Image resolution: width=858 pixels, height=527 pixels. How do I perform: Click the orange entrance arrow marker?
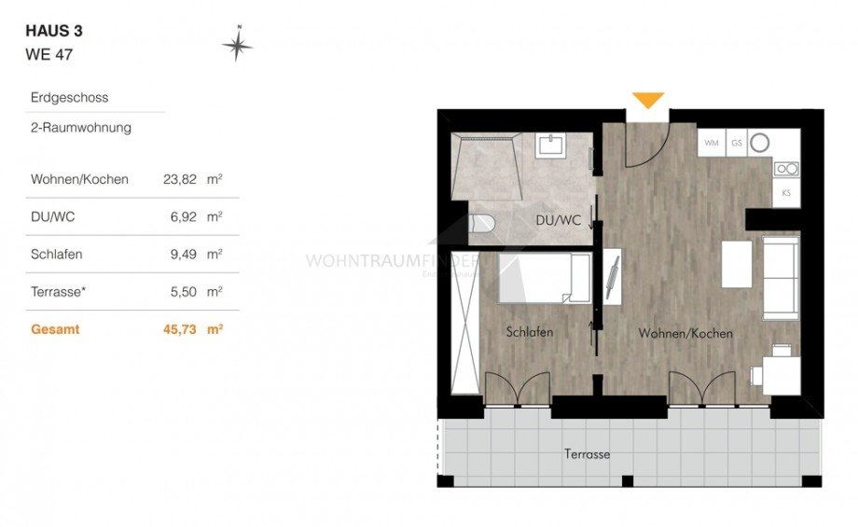[648, 100]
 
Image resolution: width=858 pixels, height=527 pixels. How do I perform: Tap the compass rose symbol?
[238, 43]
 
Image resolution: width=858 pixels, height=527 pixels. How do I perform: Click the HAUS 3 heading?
[54, 31]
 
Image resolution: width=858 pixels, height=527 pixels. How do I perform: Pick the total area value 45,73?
[178, 329]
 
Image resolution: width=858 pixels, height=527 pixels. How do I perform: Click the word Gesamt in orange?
[55, 329]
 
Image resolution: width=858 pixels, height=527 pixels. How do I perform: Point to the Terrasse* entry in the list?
[59, 292]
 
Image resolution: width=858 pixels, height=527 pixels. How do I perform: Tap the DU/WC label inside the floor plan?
[559, 221]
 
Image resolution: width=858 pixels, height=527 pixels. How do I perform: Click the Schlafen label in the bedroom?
[530, 332]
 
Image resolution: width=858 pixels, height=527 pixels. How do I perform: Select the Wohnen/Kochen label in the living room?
[685, 333]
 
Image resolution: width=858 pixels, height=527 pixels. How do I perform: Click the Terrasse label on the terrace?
[587, 454]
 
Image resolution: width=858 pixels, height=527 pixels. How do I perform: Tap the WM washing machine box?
[712, 143]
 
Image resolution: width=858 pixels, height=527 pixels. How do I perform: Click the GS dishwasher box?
[736, 143]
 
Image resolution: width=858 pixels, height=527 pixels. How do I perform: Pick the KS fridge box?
[786, 193]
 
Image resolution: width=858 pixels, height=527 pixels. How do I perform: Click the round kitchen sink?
[760, 143]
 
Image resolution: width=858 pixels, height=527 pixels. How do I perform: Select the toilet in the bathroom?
[482, 224]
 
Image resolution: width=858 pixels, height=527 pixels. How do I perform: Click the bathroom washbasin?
[549, 146]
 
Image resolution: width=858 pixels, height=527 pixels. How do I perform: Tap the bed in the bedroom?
[544, 277]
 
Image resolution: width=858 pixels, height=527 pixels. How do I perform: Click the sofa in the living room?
[780, 276]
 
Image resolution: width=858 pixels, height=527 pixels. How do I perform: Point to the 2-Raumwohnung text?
[81, 128]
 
